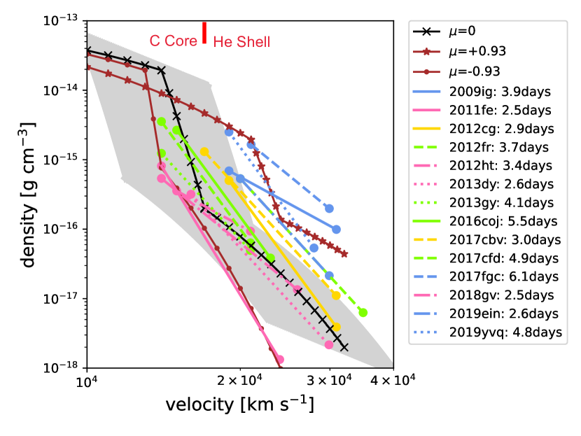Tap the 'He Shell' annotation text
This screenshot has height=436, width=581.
(x=241, y=42)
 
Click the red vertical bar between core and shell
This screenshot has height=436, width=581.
(x=204, y=32)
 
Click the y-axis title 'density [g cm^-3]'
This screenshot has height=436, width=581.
(x=29, y=195)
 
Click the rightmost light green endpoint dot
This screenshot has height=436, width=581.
(x=363, y=313)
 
